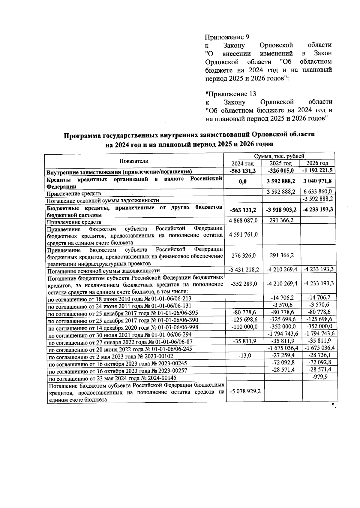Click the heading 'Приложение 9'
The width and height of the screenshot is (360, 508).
227,37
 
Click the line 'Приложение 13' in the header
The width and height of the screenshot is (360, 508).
230,94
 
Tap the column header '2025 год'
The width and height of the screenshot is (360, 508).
280,164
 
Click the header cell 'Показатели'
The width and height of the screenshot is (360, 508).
134,161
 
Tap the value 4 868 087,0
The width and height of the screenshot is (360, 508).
243,221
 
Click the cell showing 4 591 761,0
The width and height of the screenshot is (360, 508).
243,234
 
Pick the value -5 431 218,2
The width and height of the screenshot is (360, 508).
244,270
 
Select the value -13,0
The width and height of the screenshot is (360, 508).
244,355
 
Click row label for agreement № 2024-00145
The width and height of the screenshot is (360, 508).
112,378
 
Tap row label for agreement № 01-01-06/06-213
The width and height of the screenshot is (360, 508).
120,299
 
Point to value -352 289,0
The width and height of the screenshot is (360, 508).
244,284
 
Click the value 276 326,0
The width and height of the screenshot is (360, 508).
243,256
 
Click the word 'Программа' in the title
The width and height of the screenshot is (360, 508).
82,136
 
